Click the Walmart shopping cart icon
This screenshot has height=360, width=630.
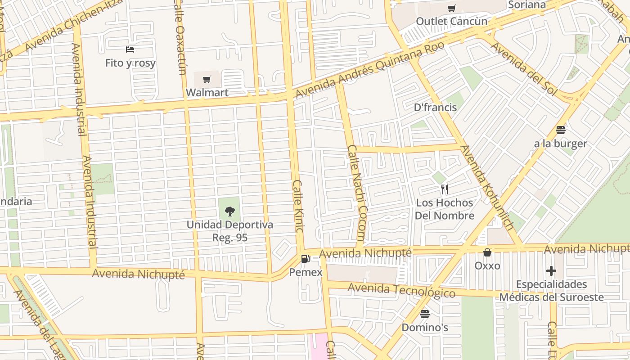[x=207, y=80]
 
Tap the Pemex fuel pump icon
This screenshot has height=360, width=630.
[x=306, y=259]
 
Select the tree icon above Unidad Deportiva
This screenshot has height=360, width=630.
[x=229, y=211]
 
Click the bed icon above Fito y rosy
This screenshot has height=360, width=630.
[x=130, y=49]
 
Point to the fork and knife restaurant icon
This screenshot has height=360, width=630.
[x=445, y=189]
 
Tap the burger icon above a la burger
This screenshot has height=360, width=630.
[x=560, y=130]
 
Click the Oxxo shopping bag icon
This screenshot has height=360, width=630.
[x=487, y=252]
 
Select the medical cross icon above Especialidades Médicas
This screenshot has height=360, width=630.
[x=551, y=271]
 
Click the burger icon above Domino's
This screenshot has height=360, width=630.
[x=425, y=314]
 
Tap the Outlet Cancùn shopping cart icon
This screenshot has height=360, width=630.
[x=451, y=8]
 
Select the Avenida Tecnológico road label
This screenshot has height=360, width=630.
[x=401, y=290]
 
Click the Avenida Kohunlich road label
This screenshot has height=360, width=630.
[x=487, y=188]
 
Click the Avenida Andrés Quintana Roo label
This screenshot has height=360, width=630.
[x=370, y=69]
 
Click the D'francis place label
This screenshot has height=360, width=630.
[x=435, y=108]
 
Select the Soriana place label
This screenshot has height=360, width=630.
[x=526, y=5]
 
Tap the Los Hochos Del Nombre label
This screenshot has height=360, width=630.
[x=445, y=209]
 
